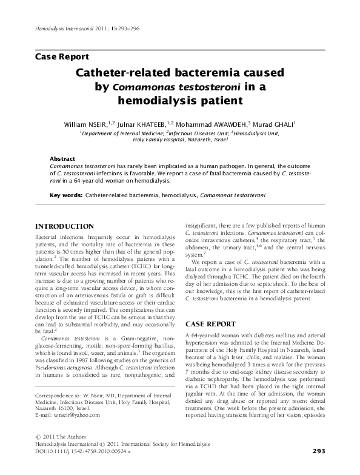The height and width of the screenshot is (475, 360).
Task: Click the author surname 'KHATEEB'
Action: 157,123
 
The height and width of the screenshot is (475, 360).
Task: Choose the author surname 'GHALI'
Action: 281,123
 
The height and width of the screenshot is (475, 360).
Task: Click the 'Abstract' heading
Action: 62,157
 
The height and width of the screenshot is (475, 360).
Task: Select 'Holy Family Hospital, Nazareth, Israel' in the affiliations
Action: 181,139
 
